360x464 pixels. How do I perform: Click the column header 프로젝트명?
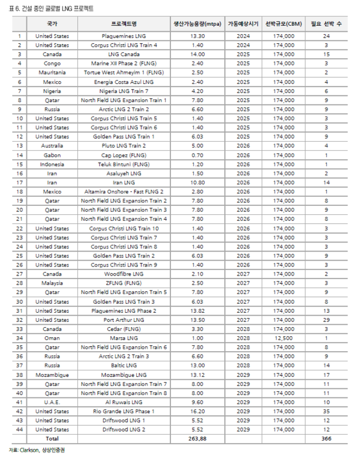pyautogui.click(x=124, y=24)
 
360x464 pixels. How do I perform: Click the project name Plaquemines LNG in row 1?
pyautogui.click(x=124, y=37)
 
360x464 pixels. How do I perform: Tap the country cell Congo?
pyautogui.click(x=52, y=62)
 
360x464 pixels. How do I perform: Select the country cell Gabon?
pyautogui.click(x=52, y=154)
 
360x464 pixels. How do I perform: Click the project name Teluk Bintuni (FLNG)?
pyautogui.click(x=124, y=164)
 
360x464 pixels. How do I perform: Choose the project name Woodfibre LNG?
pyautogui.click(x=124, y=274)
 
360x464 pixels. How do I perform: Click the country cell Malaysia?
pyautogui.click(x=52, y=283)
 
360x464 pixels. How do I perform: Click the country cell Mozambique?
pyautogui.click(x=52, y=375)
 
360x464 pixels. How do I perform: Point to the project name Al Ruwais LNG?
pyautogui.click(x=124, y=402)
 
